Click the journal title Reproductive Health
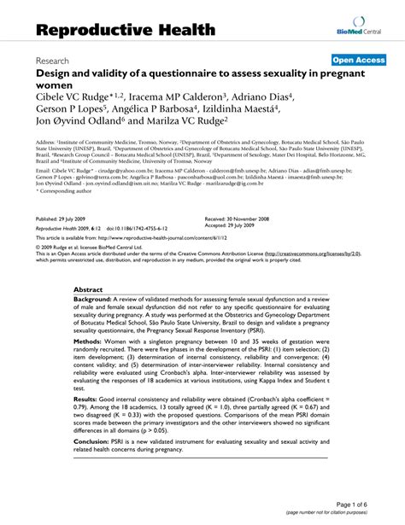click(126, 29)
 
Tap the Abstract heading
click(94, 290)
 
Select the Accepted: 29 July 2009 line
click(234, 225)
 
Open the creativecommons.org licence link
click(308, 254)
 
